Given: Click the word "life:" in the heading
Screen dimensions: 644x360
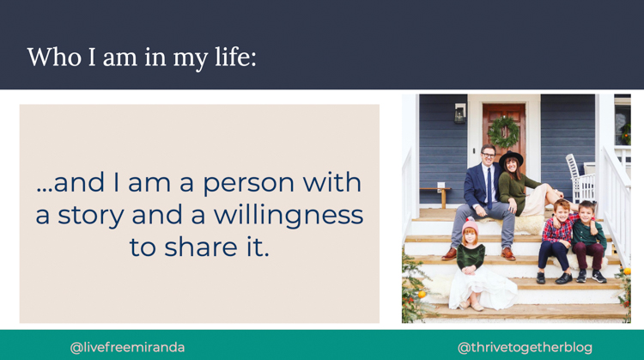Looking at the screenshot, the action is pyautogui.click(x=236, y=57).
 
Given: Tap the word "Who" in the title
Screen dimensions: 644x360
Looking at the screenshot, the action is pyautogui.click(x=54, y=57).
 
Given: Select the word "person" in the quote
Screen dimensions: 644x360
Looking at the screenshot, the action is pyautogui.click(x=248, y=184).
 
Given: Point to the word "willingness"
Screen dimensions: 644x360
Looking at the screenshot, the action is pyautogui.click(x=289, y=216).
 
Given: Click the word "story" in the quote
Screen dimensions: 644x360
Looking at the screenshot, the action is pyautogui.click(x=90, y=216).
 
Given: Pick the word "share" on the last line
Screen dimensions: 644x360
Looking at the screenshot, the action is pyautogui.click(x=201, y=247).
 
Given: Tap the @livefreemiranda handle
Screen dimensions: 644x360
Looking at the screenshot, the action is pyautogui.click(x=127, y=348).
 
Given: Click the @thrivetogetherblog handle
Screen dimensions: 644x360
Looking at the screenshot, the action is pyautogui.click(x=525, y=348).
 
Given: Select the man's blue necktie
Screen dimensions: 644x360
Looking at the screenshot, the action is pyautogui.click(x=489, y=189).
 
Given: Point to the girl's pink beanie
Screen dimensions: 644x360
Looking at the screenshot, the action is pyautogui.click(x=471, y=225).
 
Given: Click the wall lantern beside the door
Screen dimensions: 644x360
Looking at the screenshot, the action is pyautogui.click(x=460, y=113).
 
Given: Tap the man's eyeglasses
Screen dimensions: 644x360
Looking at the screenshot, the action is pyautogui.click(x=489, y=155).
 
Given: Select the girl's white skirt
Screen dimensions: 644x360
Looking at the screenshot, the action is pyautogui.click(x=483, y=290).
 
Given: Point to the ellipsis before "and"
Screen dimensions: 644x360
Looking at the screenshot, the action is pyautogui.click(x=45, y=190).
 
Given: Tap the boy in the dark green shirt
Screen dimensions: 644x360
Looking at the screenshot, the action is pyautogui.click(x=588, y=241).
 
